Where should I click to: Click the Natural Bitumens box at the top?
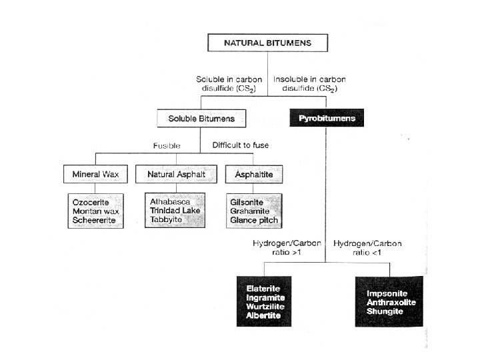point(266,44)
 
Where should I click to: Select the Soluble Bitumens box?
point(200,119)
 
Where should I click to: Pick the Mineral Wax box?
point(95,175)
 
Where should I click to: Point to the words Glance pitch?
point(254,220)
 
